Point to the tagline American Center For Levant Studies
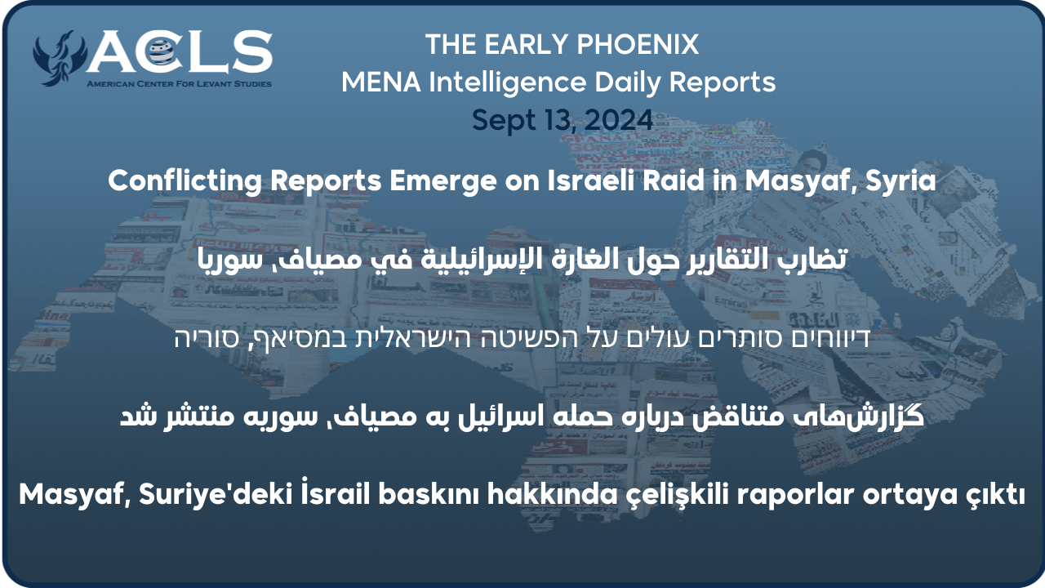tap(180, 84)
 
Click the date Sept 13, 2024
tap(562, 120)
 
